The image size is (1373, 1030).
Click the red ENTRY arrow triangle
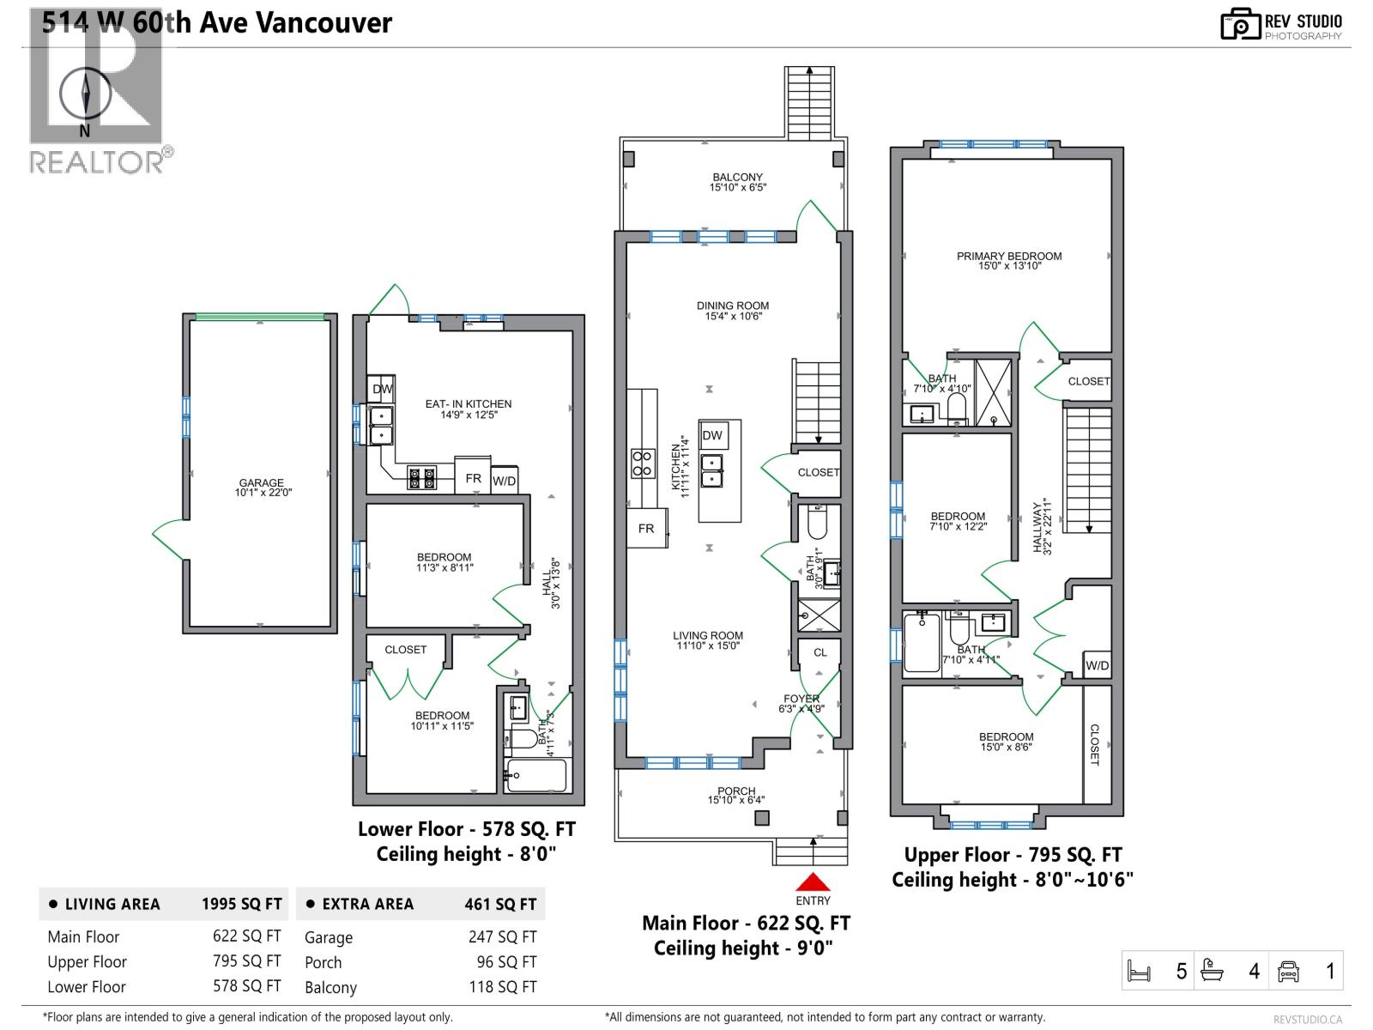tap(813, 882)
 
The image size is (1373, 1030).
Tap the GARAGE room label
tap(262, 483)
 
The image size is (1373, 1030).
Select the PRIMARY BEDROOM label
tap(1009, 256)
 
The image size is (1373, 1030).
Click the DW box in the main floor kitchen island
tap(712, 435)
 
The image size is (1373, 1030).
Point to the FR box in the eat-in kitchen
tap(473, 478)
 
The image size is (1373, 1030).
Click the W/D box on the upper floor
tap(1097, 665)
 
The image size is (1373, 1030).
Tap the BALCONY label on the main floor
tap(737, 177)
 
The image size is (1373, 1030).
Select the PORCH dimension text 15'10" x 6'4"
tap(736, 800)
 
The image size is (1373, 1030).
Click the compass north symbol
tap(85, 93)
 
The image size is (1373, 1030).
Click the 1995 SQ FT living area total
tap(241, 904)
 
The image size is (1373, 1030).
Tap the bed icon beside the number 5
tap(1139, 972)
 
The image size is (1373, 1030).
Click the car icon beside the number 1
tap(1288, 972)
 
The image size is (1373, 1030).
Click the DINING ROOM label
tap(733, 306)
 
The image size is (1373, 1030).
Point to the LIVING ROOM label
tap(708, 636)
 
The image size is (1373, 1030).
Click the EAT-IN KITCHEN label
tap(469, 403)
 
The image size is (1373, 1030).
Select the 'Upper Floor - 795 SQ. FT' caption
tap(1013, 855)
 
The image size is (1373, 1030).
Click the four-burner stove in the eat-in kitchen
tap(421, 477)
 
